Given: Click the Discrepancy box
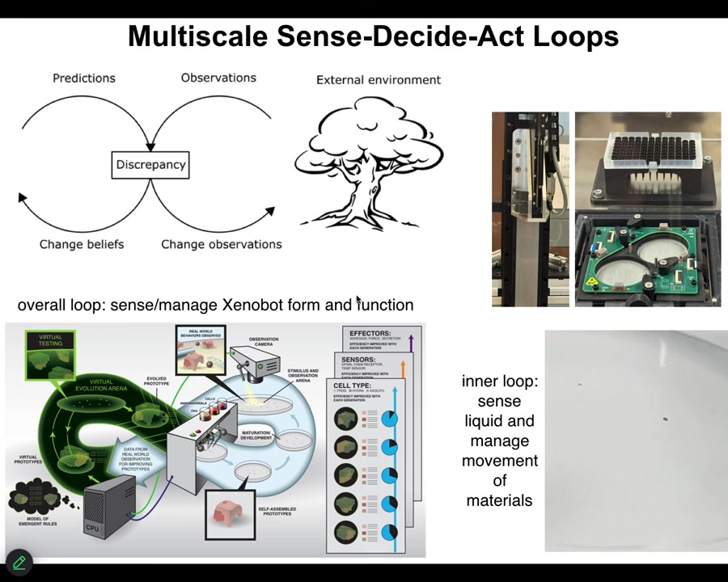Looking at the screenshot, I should pyautogui.click(x=150, y=165).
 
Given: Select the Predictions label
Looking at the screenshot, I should pyautogui.click(x=84, y=78).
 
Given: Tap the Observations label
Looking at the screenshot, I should pyautogui.click(x=218, y=78).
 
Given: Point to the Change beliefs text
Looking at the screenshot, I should pyautogui.click(x=82, y=244).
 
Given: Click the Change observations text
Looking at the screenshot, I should pyautogui.click(x=222, y=244).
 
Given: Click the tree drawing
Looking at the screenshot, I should pyautogui.click(x=369, y=162).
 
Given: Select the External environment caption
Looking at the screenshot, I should pyautogui.click(x=379, y=80).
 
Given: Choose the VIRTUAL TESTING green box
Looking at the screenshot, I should pyautogui.click(x=50, y=355).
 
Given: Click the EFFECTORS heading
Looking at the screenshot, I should pyautogui.click(x=371, y=333).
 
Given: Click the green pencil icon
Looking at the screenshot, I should pyautogui.click(x=19, y=563).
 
